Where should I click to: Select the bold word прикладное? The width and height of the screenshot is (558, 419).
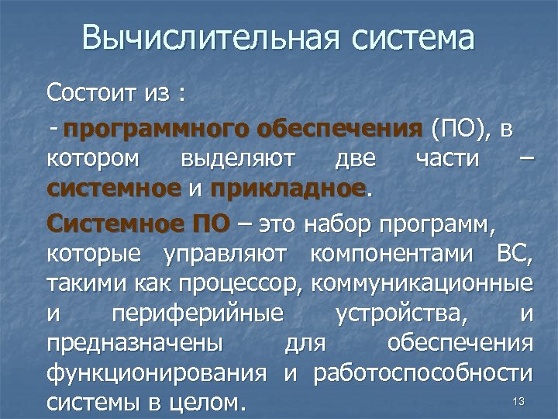tap(288, 189)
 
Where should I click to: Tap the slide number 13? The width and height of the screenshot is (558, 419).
tap(519, 401)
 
